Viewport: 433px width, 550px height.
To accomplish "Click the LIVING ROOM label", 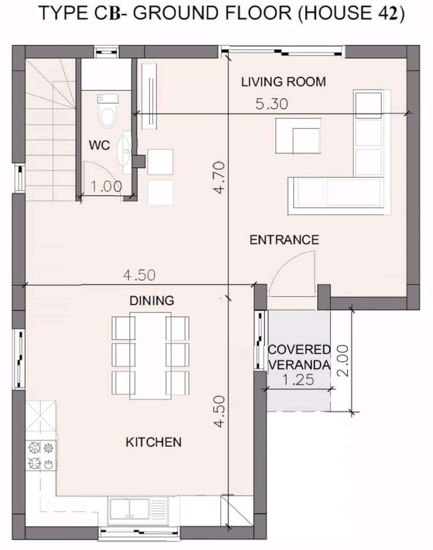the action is pyautogui.click(x=284, y=82).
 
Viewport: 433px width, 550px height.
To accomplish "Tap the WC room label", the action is pyautogui.click(x=100, y=145).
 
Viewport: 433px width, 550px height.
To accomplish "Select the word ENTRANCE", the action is pyautogui.click(x=284, y=240).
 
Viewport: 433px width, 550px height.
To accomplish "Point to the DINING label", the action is pyautogui.click(x=152, y=301).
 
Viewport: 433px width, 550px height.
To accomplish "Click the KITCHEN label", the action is pyautogui.click(x=154, y=443).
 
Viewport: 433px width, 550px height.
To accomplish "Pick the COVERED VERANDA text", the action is pyautogui.click(x=299, y=357).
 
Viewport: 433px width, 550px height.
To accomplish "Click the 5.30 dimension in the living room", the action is pyautogui.click(x=272, y=104).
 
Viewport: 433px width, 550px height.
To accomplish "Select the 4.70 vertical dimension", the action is pyautogui.click(x=219, y=177).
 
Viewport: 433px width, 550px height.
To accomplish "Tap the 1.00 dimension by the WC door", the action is pyautogui.click(x=106, y=186).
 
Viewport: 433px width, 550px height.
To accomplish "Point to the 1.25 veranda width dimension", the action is pyautogui.click(x=298, y=380).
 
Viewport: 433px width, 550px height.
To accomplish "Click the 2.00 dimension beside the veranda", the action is pyautogui.click(x=343, y=361).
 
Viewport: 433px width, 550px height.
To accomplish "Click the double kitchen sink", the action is pyautogui.click(x=130, y=508).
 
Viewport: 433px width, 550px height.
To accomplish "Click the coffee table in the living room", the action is pyautogui.click(x=298, y=136).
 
